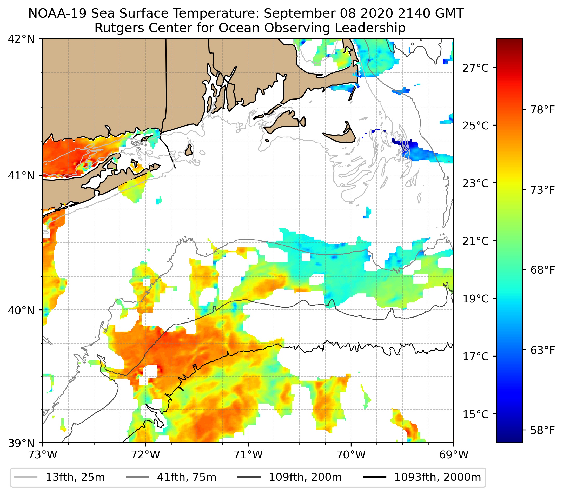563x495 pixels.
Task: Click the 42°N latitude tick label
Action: (21, 39)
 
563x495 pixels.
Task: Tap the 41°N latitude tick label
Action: (21, 175)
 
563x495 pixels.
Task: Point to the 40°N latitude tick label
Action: (21, 311)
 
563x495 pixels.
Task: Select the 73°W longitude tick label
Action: (43, 455)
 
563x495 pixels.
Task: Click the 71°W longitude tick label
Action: (248, 455)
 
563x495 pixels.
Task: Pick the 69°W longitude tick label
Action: (454, 455)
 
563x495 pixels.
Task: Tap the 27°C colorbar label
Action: (476, 68)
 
